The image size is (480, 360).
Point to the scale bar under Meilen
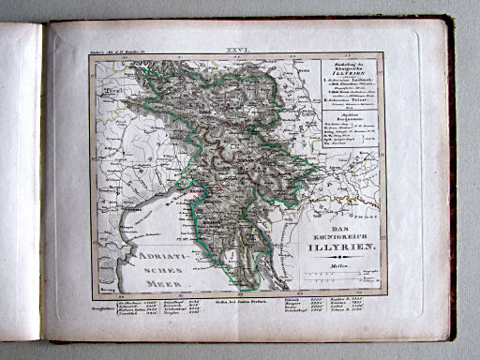[333, 278]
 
